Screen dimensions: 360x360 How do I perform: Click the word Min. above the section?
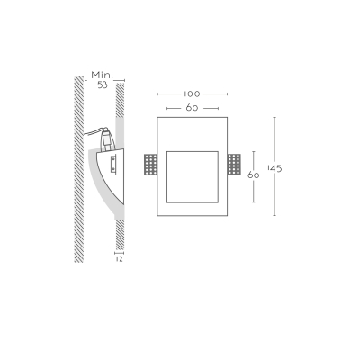click(x=102, y=75)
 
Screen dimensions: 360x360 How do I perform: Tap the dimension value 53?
click(x=103, y=85)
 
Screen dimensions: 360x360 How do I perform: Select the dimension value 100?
click(x=192, y=94)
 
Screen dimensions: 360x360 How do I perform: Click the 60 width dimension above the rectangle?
click(x=192, y=108)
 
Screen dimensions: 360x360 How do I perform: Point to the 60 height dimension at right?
click(x=253, y=175)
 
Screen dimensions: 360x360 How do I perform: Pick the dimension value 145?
click(x=274, y=169)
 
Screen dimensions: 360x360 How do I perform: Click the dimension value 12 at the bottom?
click(x=120, y=259)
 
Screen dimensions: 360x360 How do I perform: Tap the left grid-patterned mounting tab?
click(x=150, y=165)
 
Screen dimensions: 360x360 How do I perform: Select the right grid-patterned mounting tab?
click(x=234, y=165)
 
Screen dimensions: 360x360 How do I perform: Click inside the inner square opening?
click(x=193, y=177)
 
